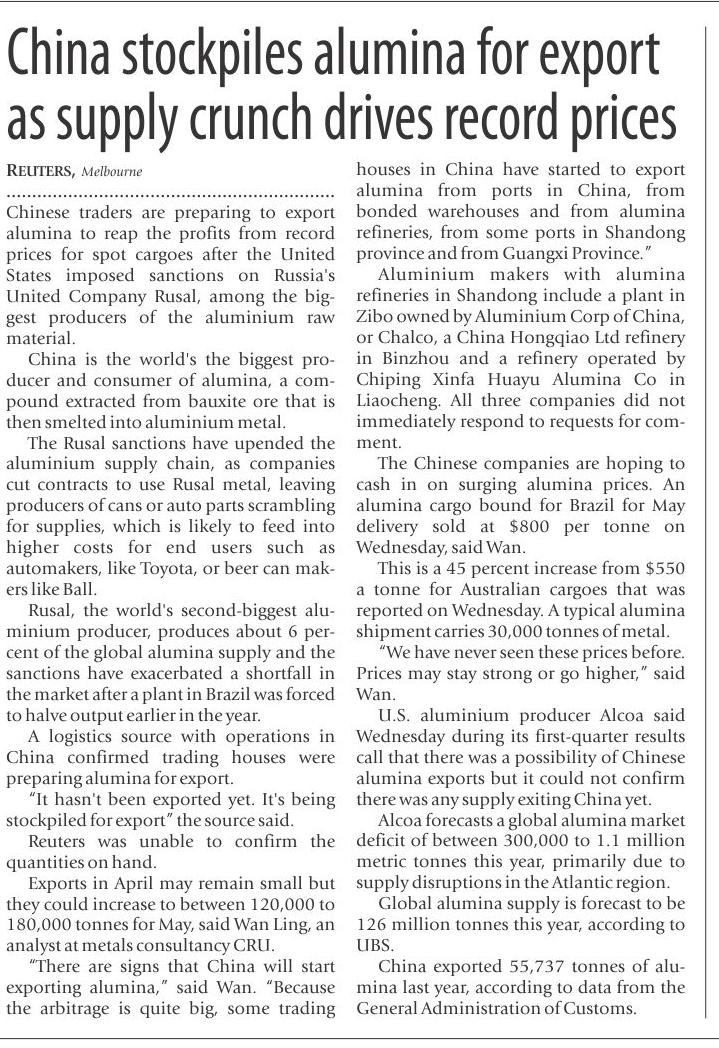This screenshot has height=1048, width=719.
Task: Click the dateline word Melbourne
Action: pyautogui.click(x=111, y=172)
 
